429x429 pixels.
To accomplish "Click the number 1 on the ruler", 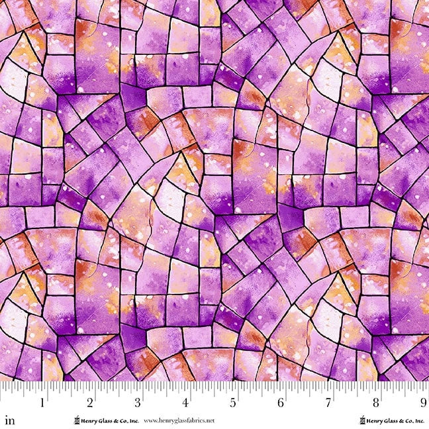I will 43,402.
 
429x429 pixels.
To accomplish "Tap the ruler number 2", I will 91,402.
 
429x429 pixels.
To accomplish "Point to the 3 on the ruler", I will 138,402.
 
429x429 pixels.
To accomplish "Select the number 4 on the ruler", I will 186,402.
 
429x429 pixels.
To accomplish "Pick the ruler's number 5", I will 233,402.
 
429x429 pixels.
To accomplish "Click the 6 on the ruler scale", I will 281,402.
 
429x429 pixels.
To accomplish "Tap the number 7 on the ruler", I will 328,402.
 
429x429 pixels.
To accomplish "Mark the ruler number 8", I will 376,402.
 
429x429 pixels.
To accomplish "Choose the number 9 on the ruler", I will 422,402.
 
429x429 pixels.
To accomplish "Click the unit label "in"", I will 9,420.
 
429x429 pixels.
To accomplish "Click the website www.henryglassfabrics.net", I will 179,420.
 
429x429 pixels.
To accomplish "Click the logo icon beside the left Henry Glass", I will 76,420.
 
